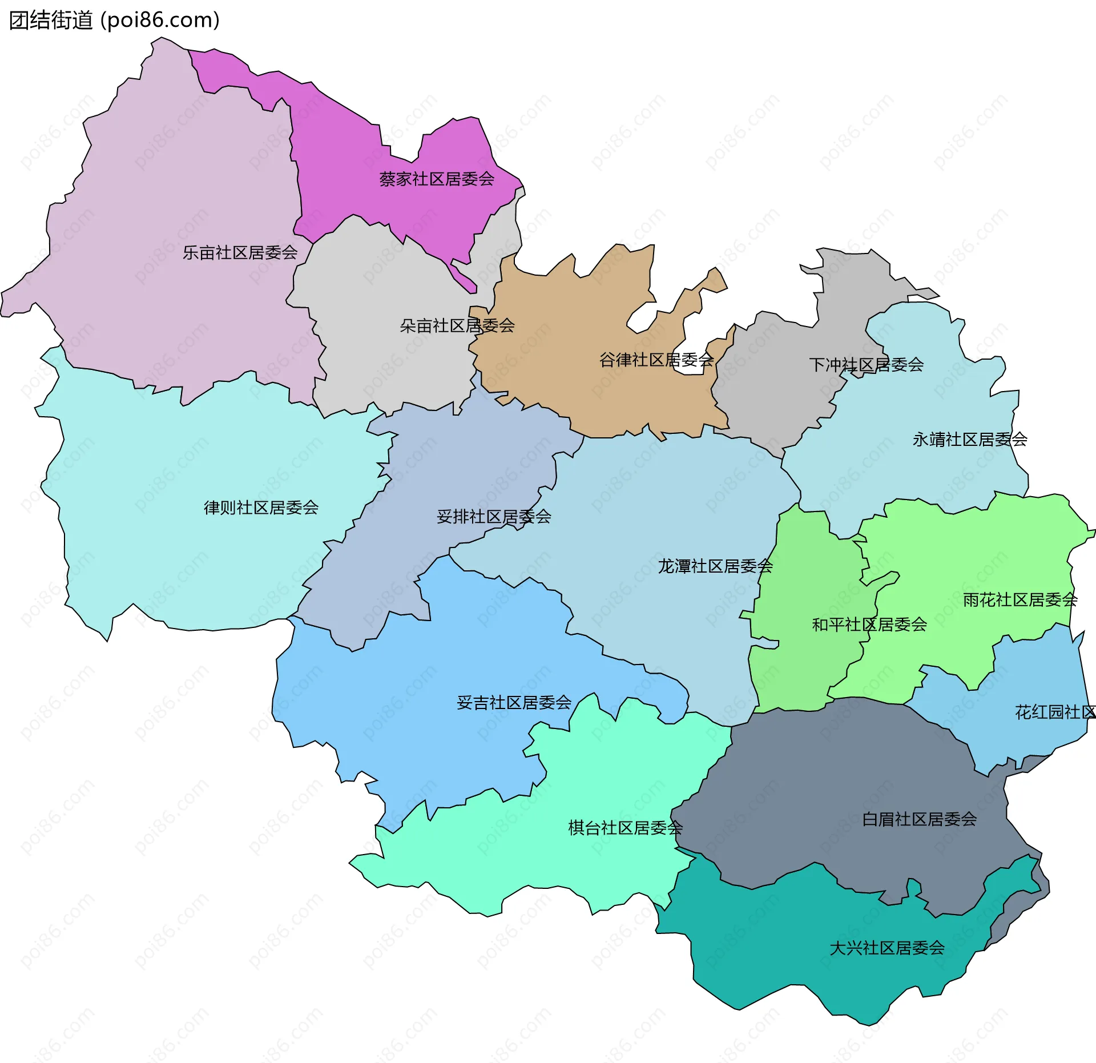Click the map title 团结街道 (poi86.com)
pos(114,21)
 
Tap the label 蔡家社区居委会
pos(437,179)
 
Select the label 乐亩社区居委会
pos(240,252)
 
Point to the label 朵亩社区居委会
pos(457,326)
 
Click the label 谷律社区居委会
pos(656,360)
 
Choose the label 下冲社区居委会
pos(866,365)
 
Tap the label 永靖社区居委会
pos(970,440)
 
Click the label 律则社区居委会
pos(261,508)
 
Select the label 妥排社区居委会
pos(494,517)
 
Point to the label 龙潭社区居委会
pos(715,566)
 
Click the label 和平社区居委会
pos(869,625)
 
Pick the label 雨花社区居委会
pos(1020,600)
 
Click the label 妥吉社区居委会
pos(514,703)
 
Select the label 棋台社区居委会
pos(625,828)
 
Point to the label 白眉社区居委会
pos(919,819)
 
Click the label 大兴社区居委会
pos(887,948)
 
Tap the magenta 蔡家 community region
pos(342,148)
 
